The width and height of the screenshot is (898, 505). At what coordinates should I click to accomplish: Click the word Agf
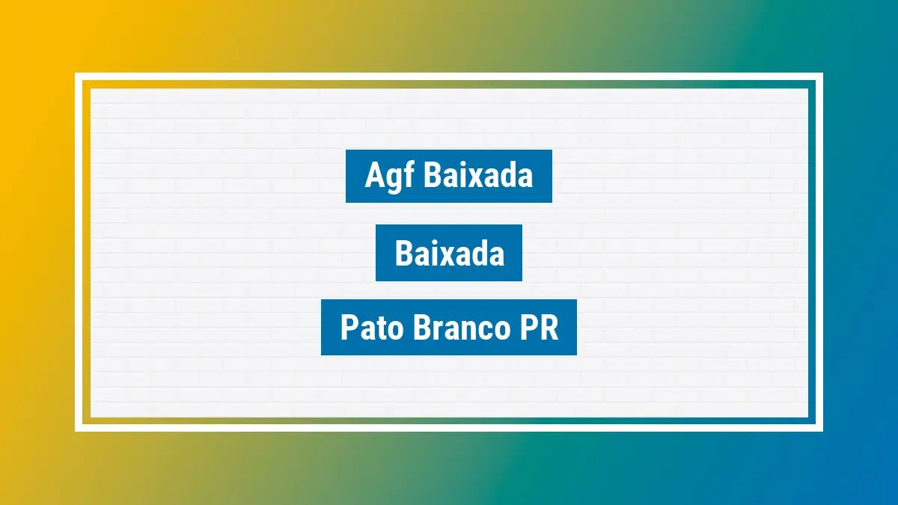[390, 177]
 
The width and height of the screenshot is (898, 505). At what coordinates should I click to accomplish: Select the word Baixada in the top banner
[478, 176]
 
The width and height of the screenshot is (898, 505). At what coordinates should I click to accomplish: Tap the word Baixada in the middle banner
[449, 254]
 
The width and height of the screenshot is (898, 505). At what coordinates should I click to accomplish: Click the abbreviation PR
[534, 328]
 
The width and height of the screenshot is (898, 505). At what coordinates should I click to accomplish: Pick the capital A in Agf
[373, 176]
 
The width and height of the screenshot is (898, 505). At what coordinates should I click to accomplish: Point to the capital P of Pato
[349, 328]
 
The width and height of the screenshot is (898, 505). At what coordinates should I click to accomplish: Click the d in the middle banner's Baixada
[477, 254]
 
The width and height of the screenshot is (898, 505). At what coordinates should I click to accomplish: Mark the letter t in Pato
[375, 328]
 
